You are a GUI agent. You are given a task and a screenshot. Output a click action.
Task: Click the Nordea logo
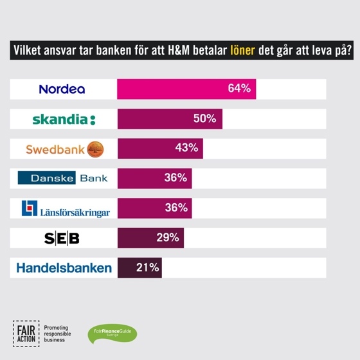62,89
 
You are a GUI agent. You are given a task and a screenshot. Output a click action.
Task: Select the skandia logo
64,120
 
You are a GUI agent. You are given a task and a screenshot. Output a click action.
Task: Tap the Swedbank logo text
55,149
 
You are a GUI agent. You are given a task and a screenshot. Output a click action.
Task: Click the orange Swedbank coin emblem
94,148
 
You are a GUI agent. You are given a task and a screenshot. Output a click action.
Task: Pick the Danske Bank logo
62,178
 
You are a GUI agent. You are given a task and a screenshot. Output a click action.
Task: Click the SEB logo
62,239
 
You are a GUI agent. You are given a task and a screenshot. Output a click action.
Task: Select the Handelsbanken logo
64,268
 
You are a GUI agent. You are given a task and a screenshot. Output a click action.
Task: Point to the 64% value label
239,89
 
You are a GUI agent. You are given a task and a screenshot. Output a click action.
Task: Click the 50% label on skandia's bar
204,118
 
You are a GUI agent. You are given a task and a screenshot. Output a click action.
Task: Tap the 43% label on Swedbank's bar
186,148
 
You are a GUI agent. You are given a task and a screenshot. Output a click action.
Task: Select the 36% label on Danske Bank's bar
175,178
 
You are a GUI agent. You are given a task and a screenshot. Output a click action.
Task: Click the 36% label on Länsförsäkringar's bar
175,208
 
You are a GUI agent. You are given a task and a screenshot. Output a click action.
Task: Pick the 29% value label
167,237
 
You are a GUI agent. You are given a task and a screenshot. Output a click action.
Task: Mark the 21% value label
148,267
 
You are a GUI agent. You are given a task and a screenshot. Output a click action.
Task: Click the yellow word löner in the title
242,51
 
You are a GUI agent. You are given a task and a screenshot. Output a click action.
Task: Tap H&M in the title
183,51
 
